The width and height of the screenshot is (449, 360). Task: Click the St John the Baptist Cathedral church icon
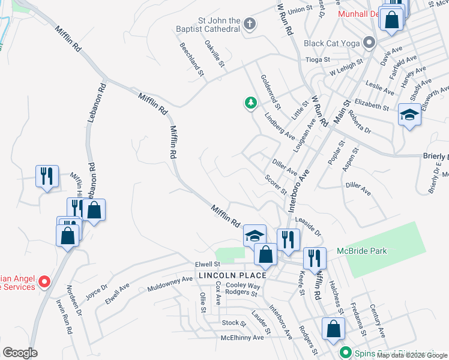click(x=250, y=24)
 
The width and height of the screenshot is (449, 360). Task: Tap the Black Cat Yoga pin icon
click(x=369, y=43)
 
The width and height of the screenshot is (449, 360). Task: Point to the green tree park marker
click(x=250, y=103)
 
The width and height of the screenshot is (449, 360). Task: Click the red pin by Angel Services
click(x=44, y=281)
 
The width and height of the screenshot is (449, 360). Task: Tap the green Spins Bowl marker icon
click(x=345, y=353)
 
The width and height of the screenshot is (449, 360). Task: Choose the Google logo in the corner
click(x=19, y=353)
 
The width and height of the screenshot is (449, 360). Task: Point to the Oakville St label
click(x=214, y=53)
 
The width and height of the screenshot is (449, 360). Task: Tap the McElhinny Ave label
click(x=242, y=338)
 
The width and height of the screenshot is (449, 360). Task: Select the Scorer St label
click(x=276, y=185)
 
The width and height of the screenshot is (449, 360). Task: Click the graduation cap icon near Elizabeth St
click(x=410, y=114)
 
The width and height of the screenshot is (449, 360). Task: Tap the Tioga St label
click(x=318, y=59)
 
